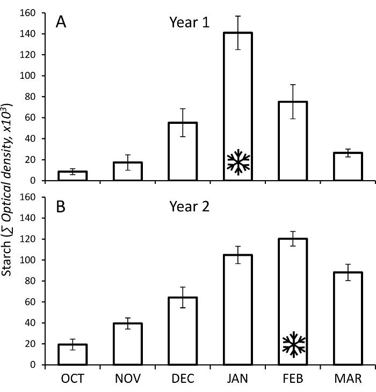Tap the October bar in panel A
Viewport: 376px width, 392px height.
click(73, 176)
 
